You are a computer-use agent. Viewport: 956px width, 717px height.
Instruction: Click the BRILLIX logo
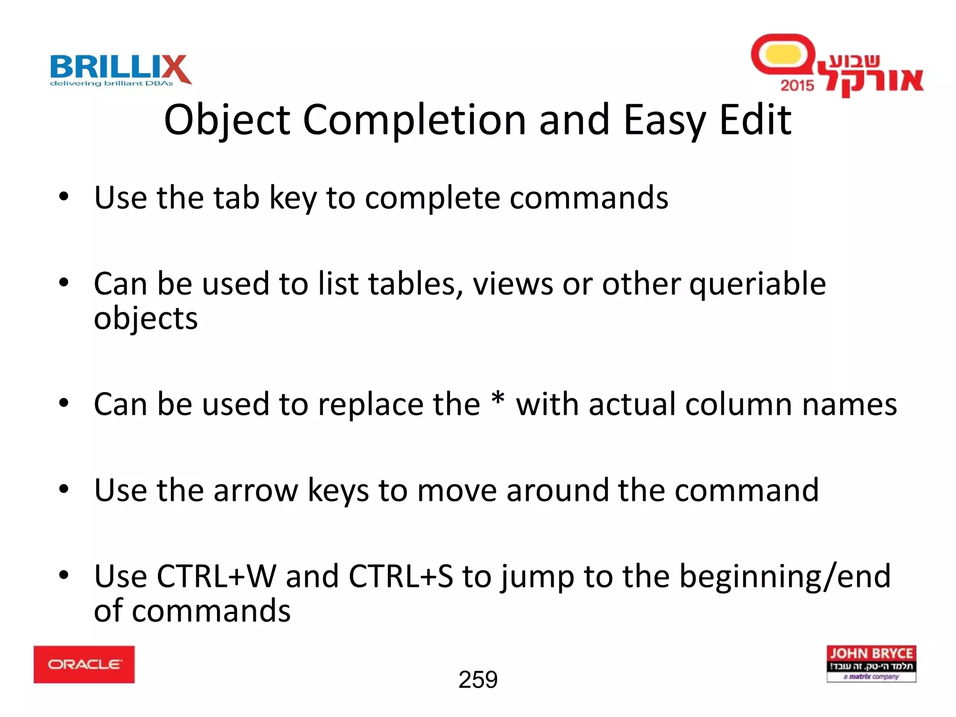tap(120, 69)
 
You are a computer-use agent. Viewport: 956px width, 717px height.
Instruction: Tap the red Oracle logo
tap(84, 664)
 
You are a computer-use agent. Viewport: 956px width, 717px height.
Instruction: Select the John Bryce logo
tap(871, 663)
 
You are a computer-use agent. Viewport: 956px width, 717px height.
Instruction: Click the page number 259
tap(478, 680)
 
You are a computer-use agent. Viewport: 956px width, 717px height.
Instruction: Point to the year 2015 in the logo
tap(797, 85)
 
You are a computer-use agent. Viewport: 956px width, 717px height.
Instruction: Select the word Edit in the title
tap(755, 120)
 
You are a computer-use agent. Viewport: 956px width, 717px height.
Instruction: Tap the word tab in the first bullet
tap(236, 197)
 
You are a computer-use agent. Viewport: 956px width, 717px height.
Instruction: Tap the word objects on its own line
tap(146, 319)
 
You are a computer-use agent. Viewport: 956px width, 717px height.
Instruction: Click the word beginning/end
tap(785, 576)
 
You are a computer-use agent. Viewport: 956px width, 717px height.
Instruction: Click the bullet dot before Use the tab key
tap(64, 197)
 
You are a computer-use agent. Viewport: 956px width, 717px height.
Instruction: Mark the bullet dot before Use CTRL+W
tap(64, 575)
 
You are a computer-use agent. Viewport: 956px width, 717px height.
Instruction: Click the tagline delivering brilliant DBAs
tap(112, 84)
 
